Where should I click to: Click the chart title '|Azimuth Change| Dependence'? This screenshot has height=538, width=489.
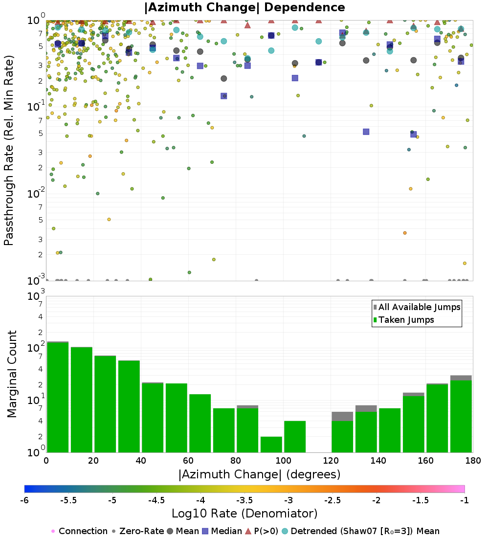[244, 8]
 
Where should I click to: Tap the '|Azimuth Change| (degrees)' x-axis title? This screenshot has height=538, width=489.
[259, 474]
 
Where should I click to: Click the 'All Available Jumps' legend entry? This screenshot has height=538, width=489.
[419, 307]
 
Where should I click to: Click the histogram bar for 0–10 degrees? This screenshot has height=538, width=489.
[58, 397]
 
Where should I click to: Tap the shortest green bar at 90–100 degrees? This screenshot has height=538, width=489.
[271, 444]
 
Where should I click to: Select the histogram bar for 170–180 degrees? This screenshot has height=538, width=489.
[461, 416]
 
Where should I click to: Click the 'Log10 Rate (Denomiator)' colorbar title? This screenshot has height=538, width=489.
[244, 513]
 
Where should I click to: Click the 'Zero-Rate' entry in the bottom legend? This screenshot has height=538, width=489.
[138, 531]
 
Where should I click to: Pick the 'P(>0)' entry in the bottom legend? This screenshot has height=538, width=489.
[265, 531]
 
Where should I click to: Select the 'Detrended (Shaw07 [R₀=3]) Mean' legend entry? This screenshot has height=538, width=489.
[365, 531]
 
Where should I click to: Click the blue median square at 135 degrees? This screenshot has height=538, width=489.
[366, 132]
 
